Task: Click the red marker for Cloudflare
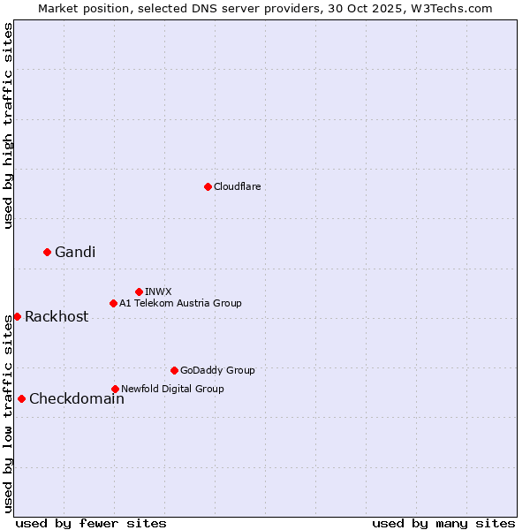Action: tap(208, 186)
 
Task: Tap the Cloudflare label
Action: tap(238, 186)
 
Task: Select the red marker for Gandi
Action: tap(47, 252)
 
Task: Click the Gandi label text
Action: tap(75, 253)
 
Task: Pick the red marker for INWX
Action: tap(139, 291)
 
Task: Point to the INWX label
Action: tap(158, 291)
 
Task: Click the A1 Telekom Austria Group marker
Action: tap(113, 303)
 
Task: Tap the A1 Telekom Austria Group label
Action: tap(180, 303)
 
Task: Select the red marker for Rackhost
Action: tap(17, 316)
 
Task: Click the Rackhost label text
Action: tap(57, 317)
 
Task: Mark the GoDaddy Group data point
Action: tap(174, 370)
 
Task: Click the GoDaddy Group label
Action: tap(217, 370)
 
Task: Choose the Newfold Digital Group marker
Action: tap(115, 389)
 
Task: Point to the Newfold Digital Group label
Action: tap(172, 389)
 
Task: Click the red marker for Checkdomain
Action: tap(21, 398)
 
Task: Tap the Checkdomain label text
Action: tap(77, 399)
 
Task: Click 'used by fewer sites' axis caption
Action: tap(91, 523)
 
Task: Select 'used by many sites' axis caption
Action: tap(443, 523)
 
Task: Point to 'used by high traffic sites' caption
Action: tap(8, 125)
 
